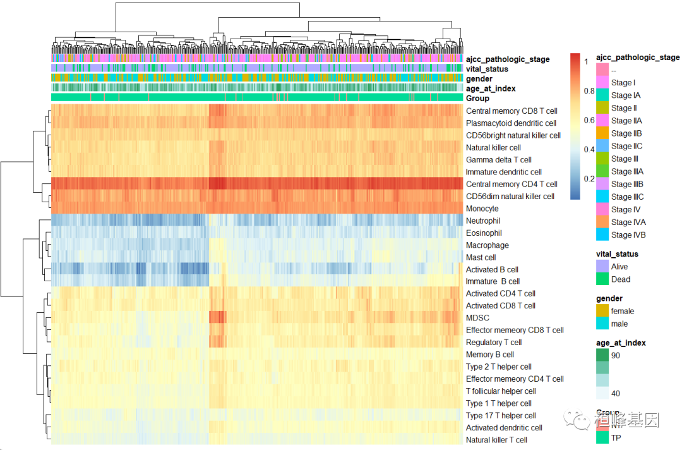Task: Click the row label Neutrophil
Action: [483, 221]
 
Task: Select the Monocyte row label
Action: [482, 209]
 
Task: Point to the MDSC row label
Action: [477, 318]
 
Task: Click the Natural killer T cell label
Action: [496, 440]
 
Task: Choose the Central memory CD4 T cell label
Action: [512, 185]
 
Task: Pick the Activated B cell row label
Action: [492, 270]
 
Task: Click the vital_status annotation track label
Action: [487, 69]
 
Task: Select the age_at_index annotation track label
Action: [491, 89]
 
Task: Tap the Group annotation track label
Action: [477, 99]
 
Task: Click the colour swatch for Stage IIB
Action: [602, 133]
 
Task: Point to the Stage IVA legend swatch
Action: [602, 222]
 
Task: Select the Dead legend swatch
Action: [602, 279]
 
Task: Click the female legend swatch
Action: [602, 311]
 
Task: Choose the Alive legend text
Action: [619, 267]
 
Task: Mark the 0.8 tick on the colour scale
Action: [589, 91]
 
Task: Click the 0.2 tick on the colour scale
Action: [589, 179]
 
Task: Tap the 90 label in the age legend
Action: [615, 356]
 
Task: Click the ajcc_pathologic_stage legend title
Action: [638, 58]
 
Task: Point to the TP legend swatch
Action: [602, 438]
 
